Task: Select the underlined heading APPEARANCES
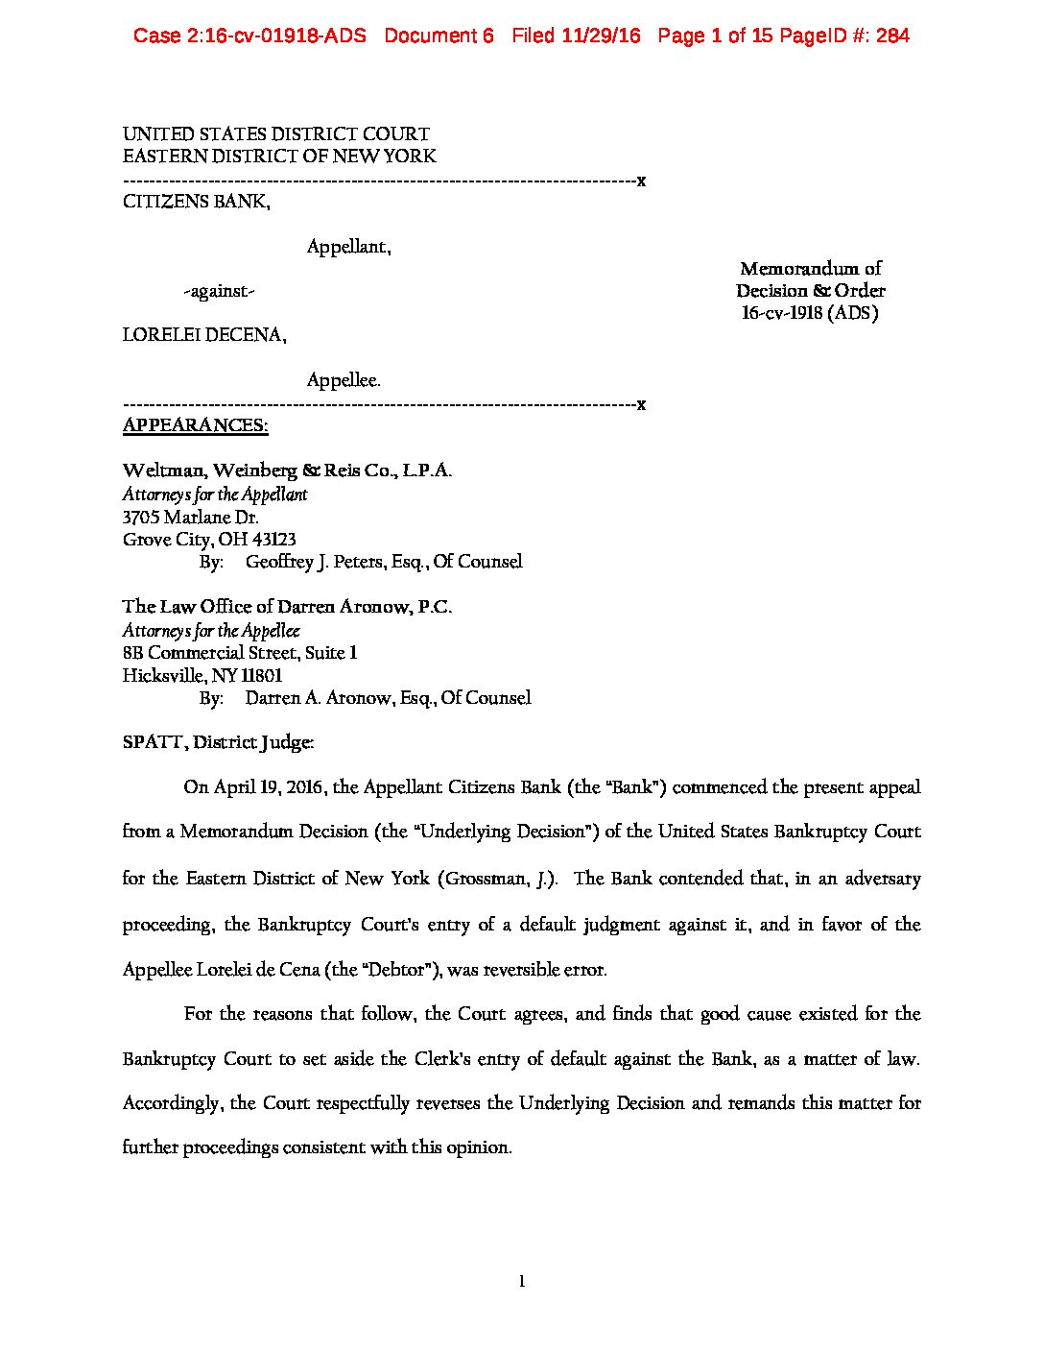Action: pos(195,425)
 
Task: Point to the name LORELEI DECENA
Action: pos(202,335)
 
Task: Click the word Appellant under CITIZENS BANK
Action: pos(346,247)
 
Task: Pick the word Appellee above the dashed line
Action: pos(343,380)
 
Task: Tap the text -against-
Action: pos(219,291)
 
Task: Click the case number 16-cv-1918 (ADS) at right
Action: pos(810,313)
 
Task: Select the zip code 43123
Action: pos(273,540)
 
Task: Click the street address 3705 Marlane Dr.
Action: pos(190,517)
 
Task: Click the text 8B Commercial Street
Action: pos(210,653)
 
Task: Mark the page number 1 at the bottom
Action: pos(522,1281)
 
